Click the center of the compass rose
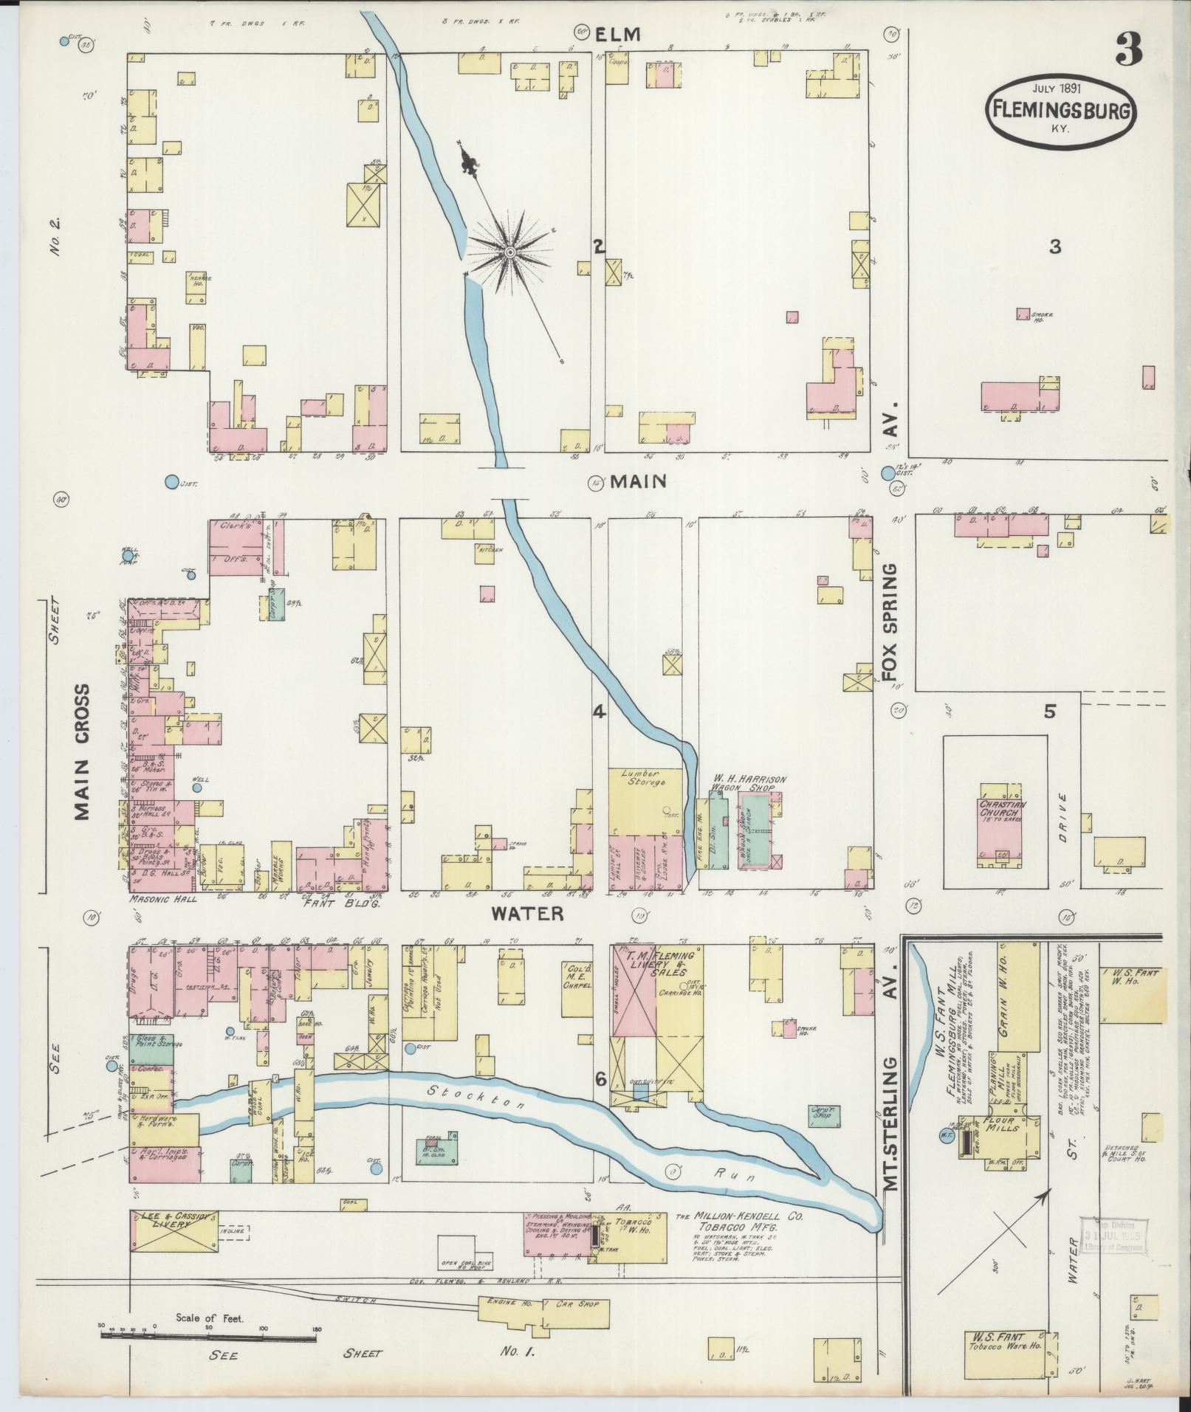509,253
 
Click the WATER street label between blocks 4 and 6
527,914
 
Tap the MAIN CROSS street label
83,751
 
